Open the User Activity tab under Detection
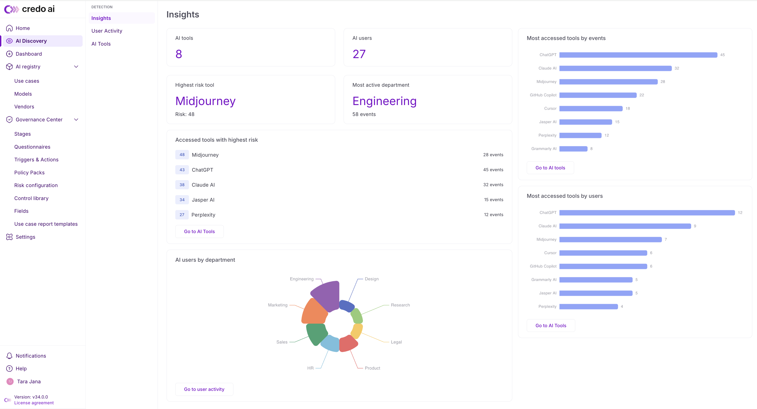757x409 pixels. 107,31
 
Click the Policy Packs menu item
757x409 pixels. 29,173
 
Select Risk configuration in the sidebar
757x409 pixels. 36,185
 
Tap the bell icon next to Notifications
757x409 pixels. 9,356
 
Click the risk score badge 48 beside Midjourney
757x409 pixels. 182,155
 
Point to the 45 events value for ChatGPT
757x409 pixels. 493,170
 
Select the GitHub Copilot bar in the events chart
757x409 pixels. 598,95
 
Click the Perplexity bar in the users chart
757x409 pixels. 589,306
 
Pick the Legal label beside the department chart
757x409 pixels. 396,342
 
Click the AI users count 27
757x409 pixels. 359,54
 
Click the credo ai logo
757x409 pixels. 29,9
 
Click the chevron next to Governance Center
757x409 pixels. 76,120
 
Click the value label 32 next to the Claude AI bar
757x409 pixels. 677,68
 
